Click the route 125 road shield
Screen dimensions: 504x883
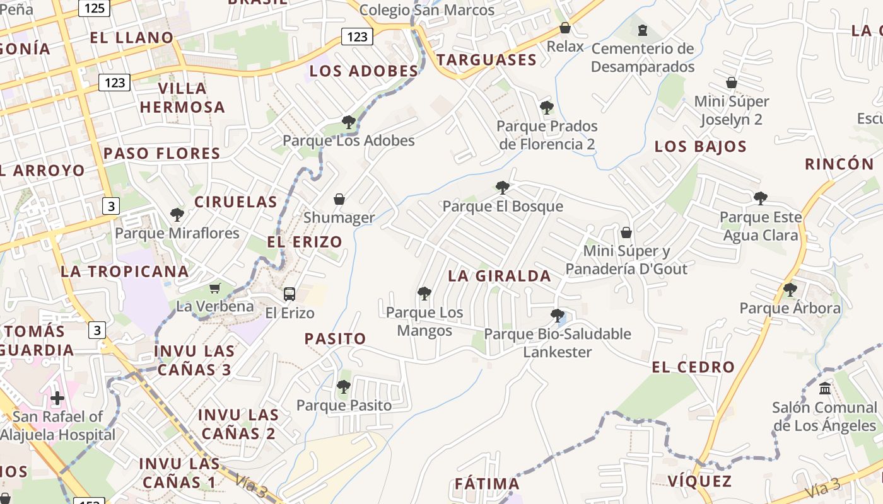(94, 8)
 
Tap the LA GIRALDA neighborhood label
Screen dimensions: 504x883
(500, 276)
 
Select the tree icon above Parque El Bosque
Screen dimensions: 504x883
(503, 187)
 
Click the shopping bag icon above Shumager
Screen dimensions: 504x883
(339, 199)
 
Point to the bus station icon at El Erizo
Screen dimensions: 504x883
(289, 294)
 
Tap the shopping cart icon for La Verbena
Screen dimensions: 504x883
(215, 288)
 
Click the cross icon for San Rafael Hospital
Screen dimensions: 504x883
(57, 398)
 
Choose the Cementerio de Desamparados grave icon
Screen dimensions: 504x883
(643, 30)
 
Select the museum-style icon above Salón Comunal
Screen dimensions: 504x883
(825, 388)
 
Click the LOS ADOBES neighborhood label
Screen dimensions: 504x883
(364, 71)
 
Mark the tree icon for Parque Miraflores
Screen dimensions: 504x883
(177, 215)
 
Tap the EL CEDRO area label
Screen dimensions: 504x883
(693, 367)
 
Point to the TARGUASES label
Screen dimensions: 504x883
(486, 60)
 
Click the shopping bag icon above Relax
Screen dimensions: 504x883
(565, 28)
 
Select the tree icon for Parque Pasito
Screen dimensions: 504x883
(344, 387)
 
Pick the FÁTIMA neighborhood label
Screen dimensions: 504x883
(488, 484)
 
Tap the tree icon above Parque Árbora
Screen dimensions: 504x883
(790, 290)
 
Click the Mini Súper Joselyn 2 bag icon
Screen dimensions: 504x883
(732, 83)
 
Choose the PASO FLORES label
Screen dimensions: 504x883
(162, 154)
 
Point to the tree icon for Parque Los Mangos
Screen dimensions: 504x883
(424, 294)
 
